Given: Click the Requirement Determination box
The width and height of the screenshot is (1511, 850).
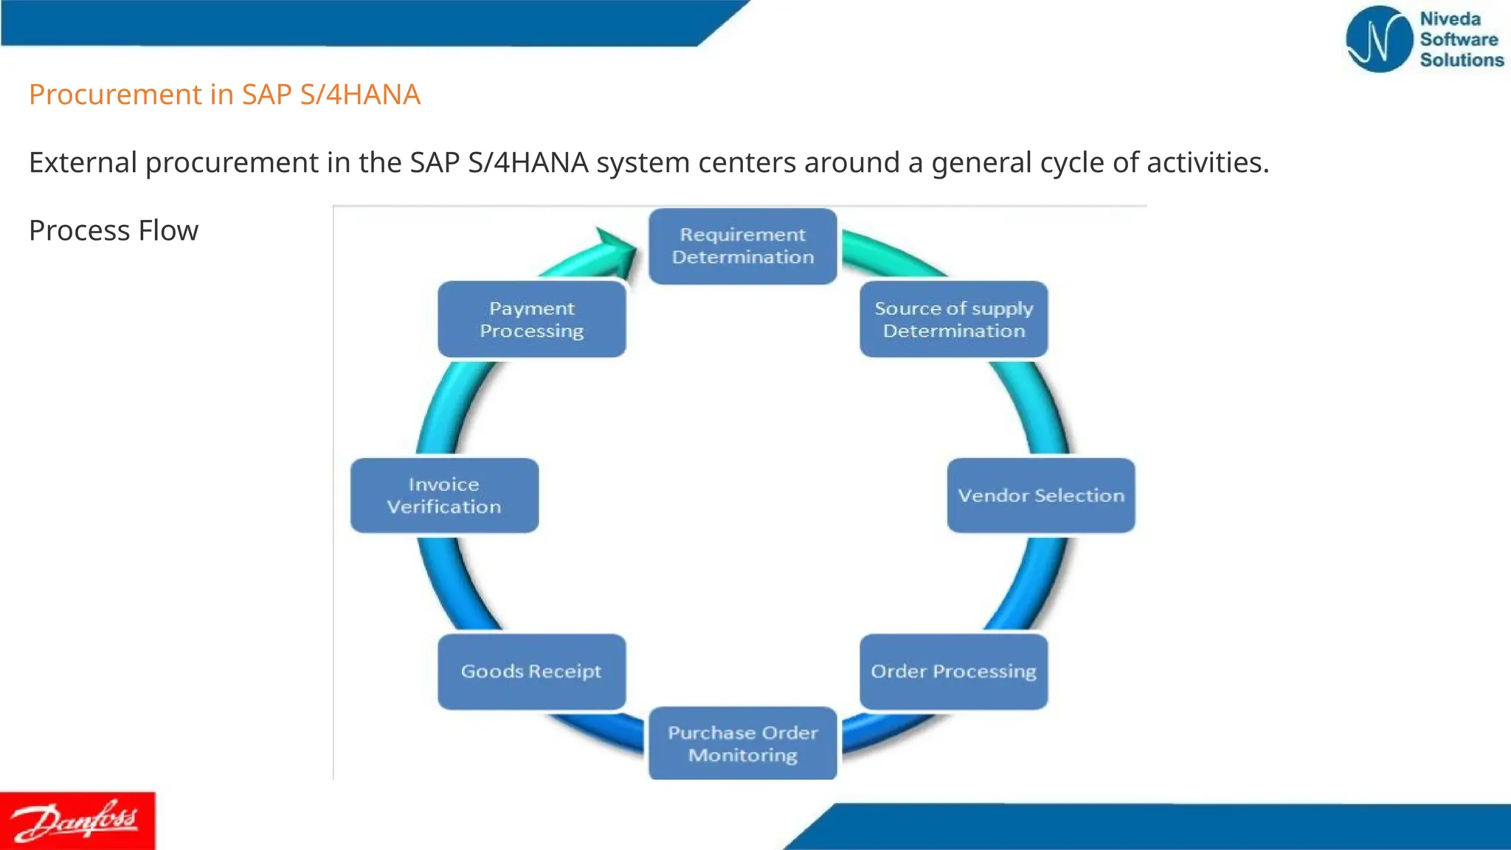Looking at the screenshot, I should pyautogui.click(x=742, y=246).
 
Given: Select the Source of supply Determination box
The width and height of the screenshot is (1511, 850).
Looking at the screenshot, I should pyautogui.click(x=953, y=319).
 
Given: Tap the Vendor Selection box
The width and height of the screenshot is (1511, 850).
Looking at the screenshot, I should pyautogui.click(x=1040, y=495).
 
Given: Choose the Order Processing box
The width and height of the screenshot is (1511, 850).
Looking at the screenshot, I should pyautogui.click(x=953, y=671).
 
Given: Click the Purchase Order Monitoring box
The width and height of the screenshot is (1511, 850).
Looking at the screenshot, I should pyautogui.click(x=742, y=743).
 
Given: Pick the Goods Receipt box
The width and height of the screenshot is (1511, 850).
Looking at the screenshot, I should pyautogui.click(x=531, y=671).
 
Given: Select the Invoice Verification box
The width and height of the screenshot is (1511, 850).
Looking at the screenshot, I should pyautogui.click(x=444, y=495).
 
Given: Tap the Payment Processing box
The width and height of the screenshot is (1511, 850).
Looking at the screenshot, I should pyautogui.click(x=531, y=319).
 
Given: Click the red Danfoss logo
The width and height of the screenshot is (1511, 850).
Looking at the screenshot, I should pyautogui.click(x=77, y=820).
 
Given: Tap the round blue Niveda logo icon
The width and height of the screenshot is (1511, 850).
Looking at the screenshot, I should pyautogui.click(x=1377, y=39).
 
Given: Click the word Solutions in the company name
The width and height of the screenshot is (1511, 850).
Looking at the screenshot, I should pyautogui.click(x=1461, y=60).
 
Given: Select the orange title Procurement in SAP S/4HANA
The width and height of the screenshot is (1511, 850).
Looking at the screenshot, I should pyautogui.click(x=224, y=94).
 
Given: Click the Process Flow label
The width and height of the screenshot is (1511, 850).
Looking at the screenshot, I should pyautogui.click(x=114, y=230).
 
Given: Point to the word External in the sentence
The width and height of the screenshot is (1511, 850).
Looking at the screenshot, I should pyautogui.click(x=83, y=162).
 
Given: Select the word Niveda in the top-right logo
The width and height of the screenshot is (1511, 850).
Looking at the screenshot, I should pyautogui.click(x=1450, y=19).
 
